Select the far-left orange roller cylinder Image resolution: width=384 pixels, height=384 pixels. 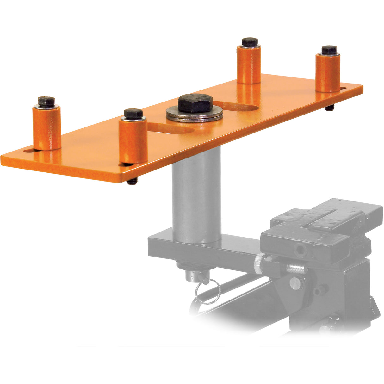tap(47, 128)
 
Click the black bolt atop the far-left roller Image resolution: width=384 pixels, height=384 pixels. tap(46, 101)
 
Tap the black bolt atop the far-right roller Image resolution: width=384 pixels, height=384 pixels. tap(329, 50)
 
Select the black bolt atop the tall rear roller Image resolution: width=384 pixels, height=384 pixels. tap(250, 42)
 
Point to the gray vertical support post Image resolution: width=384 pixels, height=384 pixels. tap(196, 196)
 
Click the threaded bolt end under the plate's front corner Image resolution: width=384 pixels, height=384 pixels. tap(132, 182)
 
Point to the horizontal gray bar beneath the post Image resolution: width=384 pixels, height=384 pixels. tap(202, 250)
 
